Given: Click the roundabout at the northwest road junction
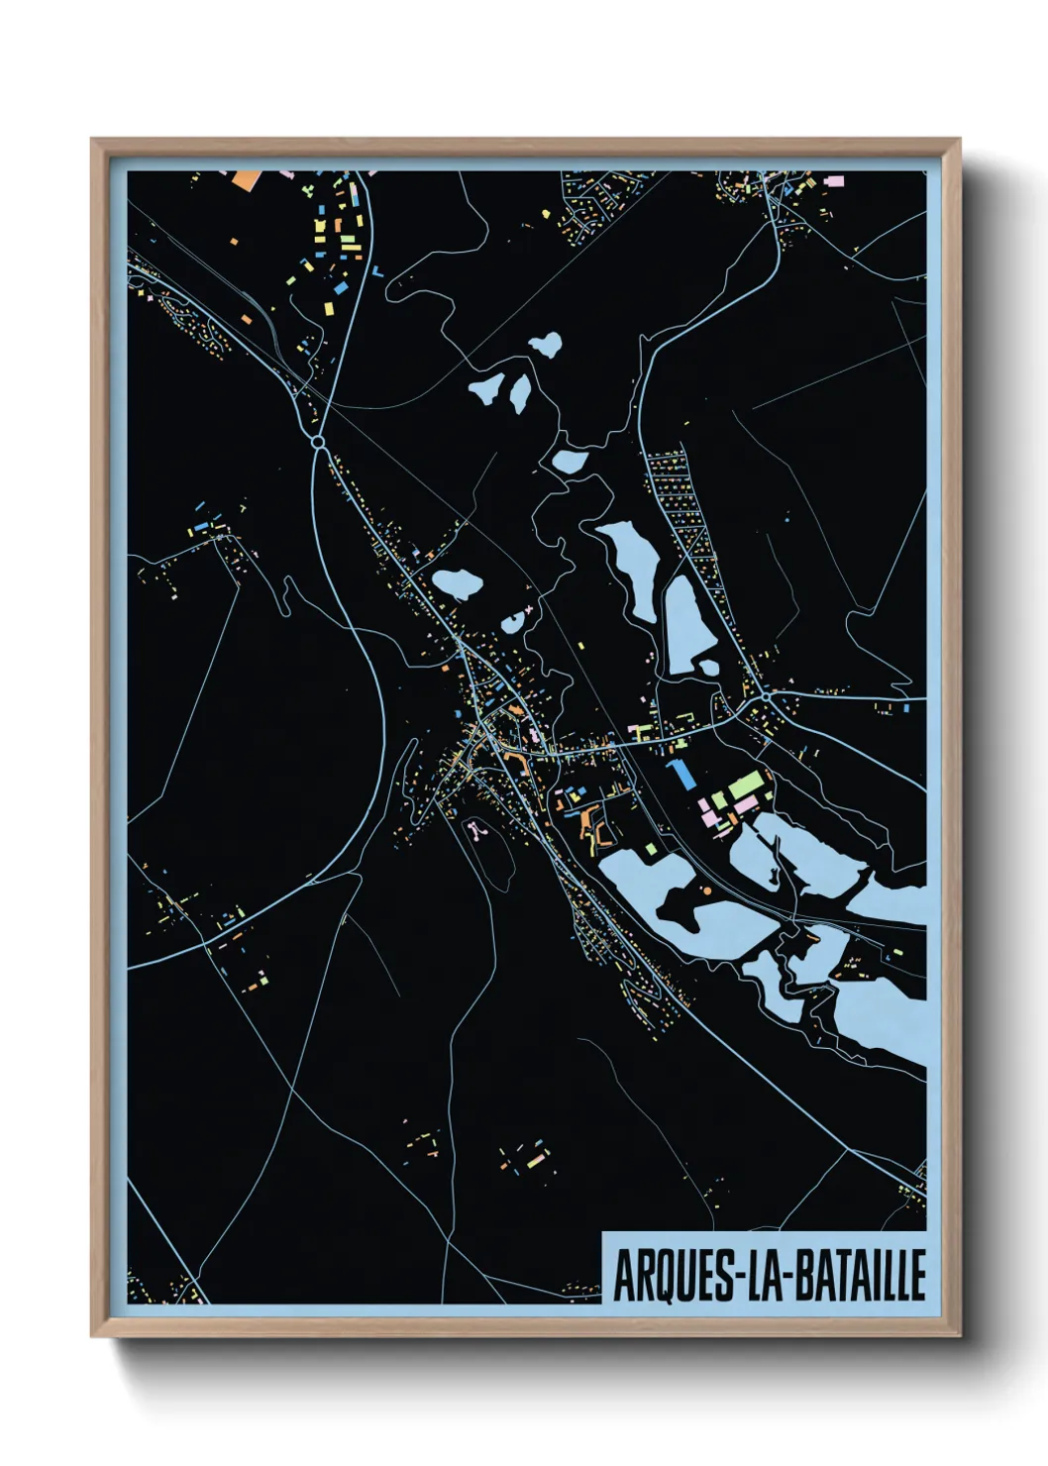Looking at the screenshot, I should [x=318, y=440].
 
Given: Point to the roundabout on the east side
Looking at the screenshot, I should [x=766, y=697].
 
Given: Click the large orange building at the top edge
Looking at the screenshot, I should [x=243, y=179].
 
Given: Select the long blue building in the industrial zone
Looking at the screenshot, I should [x=681, y=774].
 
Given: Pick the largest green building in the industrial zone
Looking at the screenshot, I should [x=747, y=788].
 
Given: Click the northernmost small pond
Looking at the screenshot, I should [x=545, y=345].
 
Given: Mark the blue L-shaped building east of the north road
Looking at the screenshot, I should [x=377, y=270].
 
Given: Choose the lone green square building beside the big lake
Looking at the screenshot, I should [x=650, y=849].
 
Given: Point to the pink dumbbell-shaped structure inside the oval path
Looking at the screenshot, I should [x=477, y=828].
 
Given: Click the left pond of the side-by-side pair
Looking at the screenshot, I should [x=486, y=388].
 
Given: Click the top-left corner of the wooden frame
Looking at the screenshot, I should [x=92, y=140].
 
